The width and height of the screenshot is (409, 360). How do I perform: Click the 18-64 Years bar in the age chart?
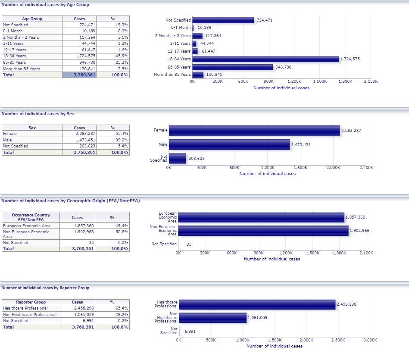265,59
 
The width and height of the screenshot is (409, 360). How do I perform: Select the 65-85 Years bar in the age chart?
233,67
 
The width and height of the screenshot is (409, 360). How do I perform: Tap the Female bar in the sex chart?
254,130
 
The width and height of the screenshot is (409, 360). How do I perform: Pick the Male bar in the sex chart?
229,144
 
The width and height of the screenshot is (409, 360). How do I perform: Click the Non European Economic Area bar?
263,231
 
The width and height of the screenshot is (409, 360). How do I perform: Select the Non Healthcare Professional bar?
213,318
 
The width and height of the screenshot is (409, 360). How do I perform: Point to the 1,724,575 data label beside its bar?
350,59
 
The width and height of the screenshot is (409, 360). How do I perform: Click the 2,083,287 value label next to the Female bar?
351,130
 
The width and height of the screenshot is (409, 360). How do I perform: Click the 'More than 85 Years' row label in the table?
22,69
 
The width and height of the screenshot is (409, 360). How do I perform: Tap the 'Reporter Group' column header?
31,302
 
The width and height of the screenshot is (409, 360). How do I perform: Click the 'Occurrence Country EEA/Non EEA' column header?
31,217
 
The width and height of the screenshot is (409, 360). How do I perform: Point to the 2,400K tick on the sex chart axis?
366,167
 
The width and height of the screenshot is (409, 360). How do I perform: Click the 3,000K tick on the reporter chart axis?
370,340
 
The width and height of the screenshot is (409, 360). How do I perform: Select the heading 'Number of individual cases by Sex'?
38,114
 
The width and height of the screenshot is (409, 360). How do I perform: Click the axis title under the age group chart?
281,88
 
